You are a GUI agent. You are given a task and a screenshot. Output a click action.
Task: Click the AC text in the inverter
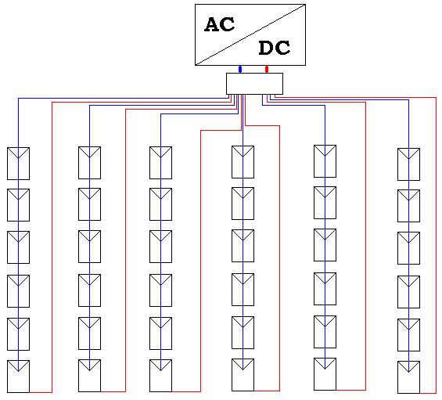click(x=219, y=24)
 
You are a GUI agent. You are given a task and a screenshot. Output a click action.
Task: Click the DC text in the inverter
click(x=275, y=48)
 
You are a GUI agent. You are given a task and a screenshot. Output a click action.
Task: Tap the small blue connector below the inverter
click(x=240, y=69)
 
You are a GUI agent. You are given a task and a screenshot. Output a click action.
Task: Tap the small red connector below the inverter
click(x=267, y=69)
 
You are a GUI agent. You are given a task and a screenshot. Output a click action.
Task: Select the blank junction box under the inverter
click(x=254, y=84)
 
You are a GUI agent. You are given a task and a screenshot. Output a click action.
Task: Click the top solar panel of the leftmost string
click(x=18, y=164)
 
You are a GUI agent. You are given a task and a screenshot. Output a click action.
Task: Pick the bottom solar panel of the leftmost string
click(x=18, y=377)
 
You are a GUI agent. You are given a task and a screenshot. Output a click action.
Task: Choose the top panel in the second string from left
click(x=90, y=163)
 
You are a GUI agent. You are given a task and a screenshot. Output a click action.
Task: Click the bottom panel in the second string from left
click(x=90, y=376)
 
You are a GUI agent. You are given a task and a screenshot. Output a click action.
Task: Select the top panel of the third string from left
click(x=160, y=163)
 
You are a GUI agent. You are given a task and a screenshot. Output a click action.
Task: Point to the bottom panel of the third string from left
click(x=160, y=376)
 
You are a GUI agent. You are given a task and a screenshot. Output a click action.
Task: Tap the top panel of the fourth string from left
click(x=243, y=162)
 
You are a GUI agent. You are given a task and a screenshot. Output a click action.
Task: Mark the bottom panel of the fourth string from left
click(x=243, y=375)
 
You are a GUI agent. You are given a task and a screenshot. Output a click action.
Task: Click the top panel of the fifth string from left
click(x=325, y=161)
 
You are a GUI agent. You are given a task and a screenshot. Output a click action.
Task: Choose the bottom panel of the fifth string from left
click(x=325, y=374)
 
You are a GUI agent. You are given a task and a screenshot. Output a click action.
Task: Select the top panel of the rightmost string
click(x=408, y=164)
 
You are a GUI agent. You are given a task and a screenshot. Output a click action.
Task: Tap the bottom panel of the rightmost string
click(x=408, y=377)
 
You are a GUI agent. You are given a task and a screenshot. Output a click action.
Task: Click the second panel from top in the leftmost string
click(x=18, y=205)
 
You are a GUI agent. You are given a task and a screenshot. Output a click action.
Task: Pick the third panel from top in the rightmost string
click(x=408, y=248)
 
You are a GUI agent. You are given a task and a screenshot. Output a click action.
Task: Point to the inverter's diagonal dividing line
click(x=250, y=34)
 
